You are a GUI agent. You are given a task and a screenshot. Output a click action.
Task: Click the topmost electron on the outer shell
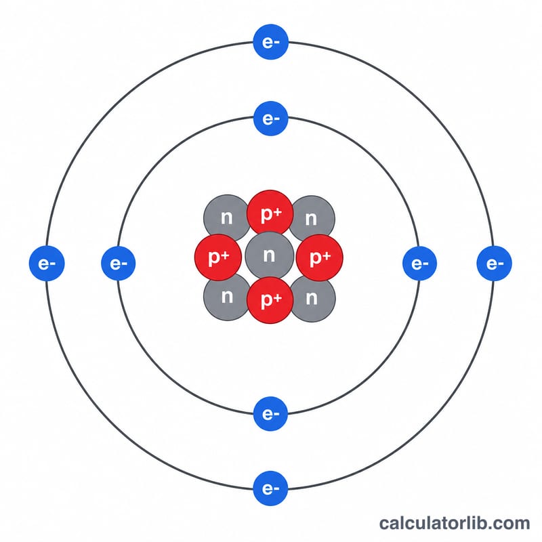click(x=270, y=42)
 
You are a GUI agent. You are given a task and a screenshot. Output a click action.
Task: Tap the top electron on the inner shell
click(x=270, y=119)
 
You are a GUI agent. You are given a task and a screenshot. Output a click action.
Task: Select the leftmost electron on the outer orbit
click(x=47, y=264)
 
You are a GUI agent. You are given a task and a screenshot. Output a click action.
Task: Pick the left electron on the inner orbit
click(x=118, y=264)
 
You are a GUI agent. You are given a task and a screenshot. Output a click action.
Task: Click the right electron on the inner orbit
click(x=419, y=264)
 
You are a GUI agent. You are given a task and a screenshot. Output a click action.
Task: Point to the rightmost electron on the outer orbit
click(x=494, y=264)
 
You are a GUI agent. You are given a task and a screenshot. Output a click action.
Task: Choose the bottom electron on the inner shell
click(x=270, y=414)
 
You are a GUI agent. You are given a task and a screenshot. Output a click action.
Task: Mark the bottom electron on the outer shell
click(x=270, y=488)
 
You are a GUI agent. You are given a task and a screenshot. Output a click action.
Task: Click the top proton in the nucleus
click(x=270, y=213)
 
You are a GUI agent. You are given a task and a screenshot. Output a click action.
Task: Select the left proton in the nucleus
click(x=218, y=257)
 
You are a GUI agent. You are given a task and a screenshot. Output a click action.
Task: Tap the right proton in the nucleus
click(x=320, y=257)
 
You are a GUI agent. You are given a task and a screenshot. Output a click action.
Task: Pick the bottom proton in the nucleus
click(x=270, y=300)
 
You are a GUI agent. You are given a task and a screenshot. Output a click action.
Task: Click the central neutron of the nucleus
click(x=269, y=255)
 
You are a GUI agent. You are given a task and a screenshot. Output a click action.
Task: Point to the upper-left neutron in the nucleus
click(x=226, y=217)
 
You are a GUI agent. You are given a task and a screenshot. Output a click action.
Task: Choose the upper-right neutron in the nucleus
click(x=312, y=218)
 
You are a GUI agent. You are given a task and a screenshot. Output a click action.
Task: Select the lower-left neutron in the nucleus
click(x=226, y=297)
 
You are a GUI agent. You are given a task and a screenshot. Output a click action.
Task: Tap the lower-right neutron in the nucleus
click(x=312, y=299)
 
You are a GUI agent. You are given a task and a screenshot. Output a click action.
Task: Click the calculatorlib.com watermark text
click(x=455, y=523)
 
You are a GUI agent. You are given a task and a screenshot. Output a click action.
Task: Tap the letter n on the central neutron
click(x=269, y=255)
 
